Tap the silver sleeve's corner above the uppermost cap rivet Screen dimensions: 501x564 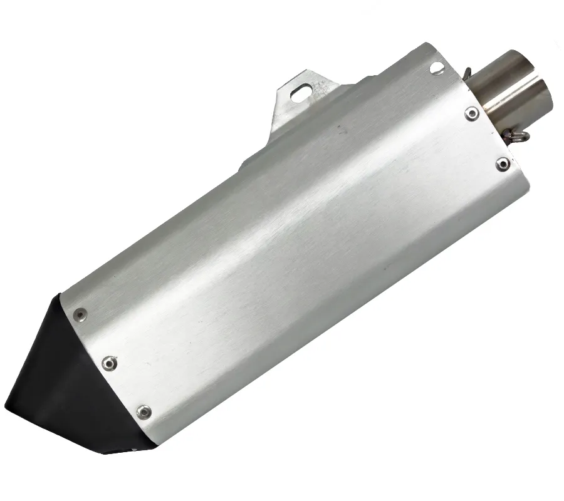pyautogui.click(x=62, y=294)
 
